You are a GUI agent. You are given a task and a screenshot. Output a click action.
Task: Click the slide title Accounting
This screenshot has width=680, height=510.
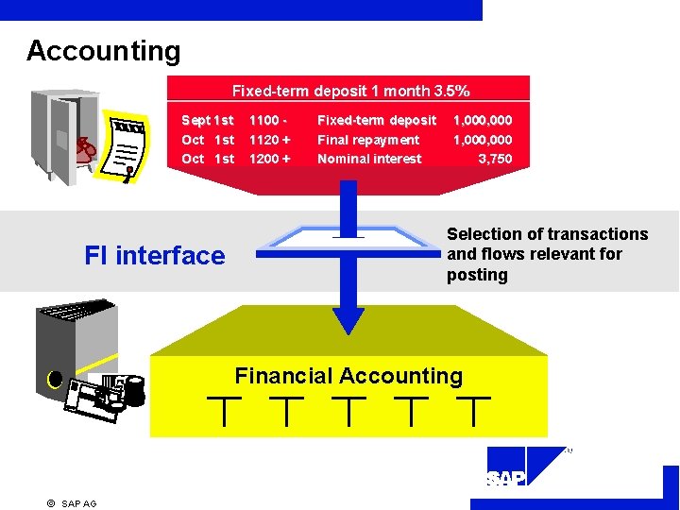(103, 50)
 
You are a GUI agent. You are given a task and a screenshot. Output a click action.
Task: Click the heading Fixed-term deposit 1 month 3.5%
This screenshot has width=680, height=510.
(350, 92)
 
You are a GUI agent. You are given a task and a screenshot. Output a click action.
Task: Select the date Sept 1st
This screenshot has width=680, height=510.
(208, 120)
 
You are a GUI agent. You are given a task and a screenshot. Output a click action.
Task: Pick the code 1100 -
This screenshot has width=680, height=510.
(267, 120)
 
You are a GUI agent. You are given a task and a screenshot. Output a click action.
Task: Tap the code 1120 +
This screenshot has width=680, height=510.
(269, 140)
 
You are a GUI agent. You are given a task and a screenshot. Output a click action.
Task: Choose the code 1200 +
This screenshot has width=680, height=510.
(269, 159)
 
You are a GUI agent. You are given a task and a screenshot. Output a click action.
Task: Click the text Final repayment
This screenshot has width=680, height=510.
(368, 140)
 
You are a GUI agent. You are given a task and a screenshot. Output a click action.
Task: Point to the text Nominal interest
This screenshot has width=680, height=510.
(369, 159)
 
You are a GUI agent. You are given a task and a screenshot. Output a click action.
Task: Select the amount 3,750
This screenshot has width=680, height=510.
(495, 159)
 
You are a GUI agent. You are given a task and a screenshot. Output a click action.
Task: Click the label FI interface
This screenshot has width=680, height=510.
(155, 255)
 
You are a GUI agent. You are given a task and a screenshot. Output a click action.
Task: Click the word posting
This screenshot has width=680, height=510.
(477, 275)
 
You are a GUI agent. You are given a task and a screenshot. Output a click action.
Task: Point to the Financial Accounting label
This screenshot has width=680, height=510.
(348, 376)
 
